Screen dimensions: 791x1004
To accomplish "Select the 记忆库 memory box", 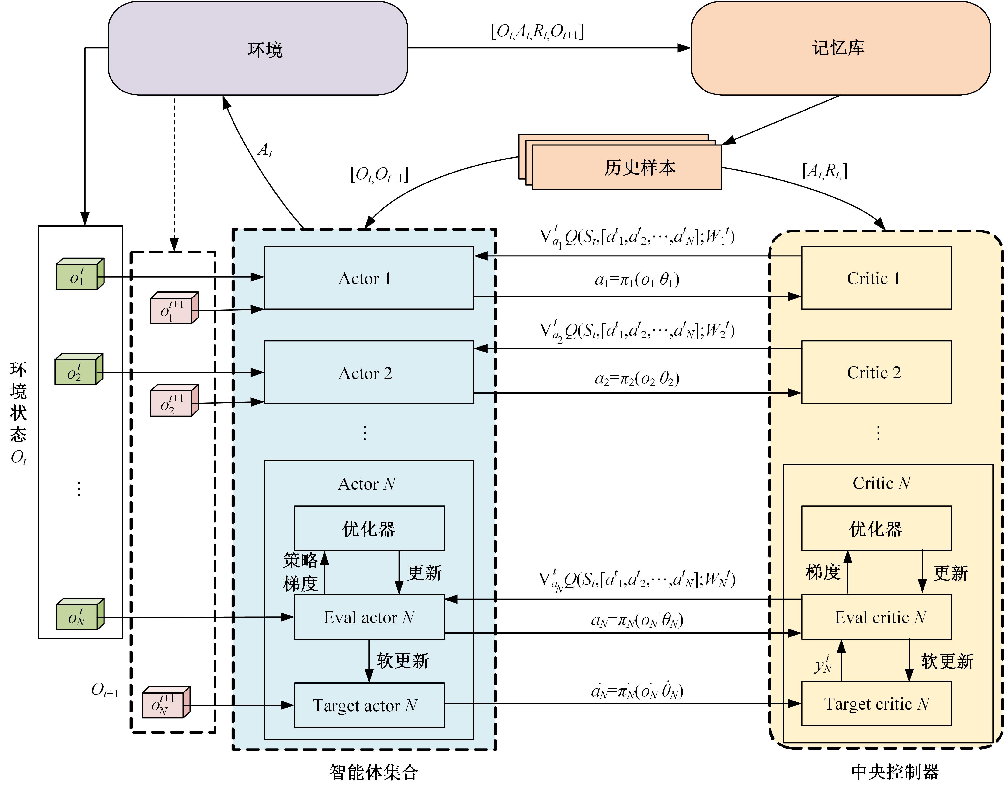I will pos(840,48).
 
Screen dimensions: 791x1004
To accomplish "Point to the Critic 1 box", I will pos(876,278).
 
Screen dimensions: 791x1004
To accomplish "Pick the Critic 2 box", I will pos(876,372).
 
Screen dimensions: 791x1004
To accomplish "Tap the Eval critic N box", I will pos(876,617).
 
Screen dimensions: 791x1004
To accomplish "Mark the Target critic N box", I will pos(876,704).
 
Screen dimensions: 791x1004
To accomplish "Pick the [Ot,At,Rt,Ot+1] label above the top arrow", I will pos(537,31).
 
